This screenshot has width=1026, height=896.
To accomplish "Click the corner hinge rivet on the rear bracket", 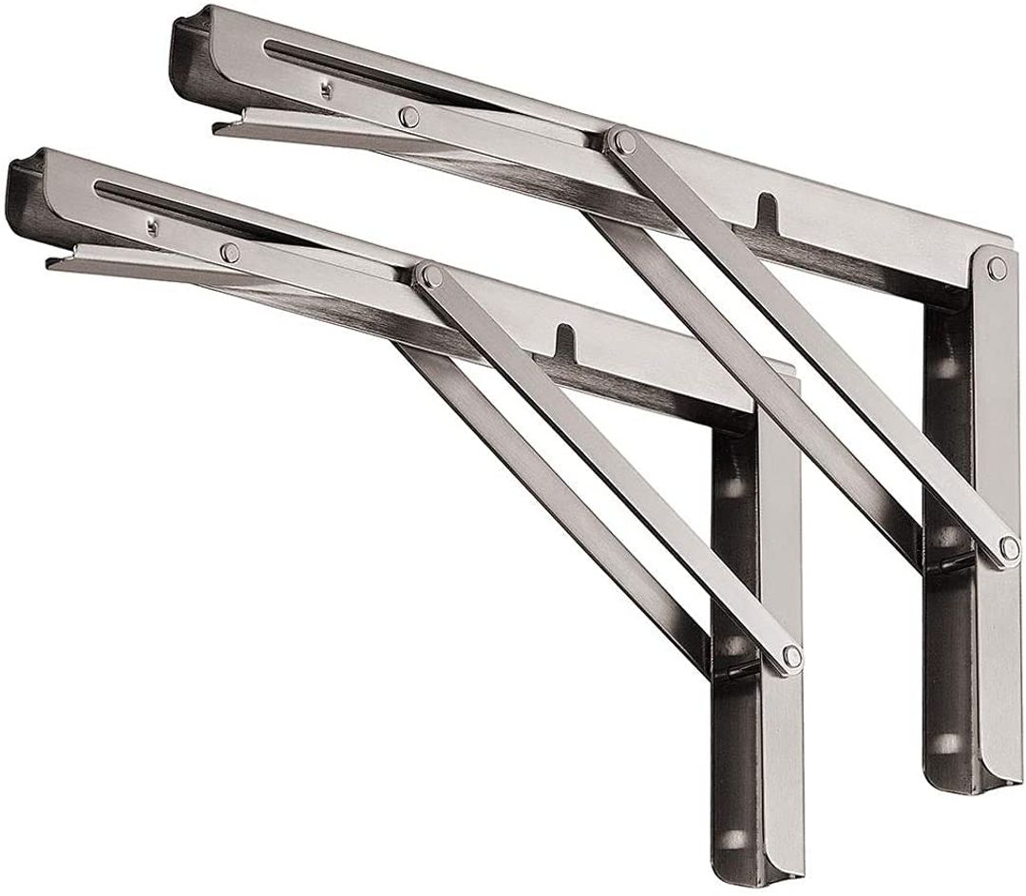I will (997, 269).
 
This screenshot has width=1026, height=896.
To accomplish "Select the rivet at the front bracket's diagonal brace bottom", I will (789, 656).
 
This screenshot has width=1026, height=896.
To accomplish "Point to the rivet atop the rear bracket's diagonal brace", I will (623, 143).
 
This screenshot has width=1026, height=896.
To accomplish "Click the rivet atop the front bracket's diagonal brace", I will (432, 276).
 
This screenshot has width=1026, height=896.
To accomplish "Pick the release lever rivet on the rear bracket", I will (408, 116).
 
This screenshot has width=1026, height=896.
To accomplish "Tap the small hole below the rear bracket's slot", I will (326, 90).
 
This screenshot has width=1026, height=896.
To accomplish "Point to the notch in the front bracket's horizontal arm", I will (564, 338).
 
